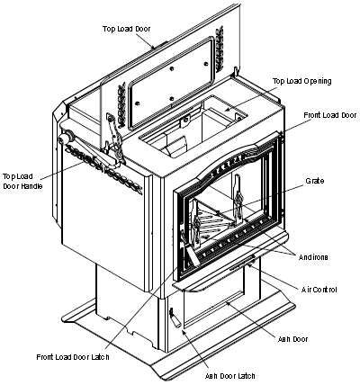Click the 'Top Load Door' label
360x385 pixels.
click(126, 29)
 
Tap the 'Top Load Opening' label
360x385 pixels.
click(302, 81)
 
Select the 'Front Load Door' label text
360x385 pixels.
click(330, 115)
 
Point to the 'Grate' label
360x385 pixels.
click(315, 181)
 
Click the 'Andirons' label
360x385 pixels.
click(313, 257)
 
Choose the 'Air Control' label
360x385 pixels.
click(319, 290)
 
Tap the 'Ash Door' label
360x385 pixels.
click(292, 339)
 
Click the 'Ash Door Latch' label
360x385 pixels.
click(230, 376)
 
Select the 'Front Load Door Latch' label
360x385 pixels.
click(73, 357)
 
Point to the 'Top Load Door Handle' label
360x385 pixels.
click(22, 182)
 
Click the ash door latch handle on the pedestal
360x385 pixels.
click(175, 318)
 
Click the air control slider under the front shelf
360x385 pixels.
click(242, 263)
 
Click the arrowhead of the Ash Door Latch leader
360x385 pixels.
click(184, 331)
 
